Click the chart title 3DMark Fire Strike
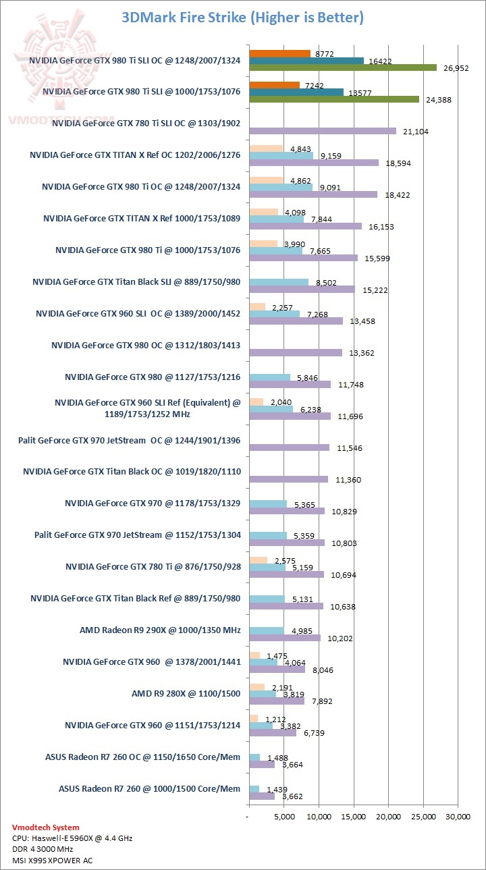pyautogui.click(x=242, y=18)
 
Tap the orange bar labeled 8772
pyautogui.click(x=279, y=53)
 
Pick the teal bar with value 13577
pyautogui.click(x=296, y=92)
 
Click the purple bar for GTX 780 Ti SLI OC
pyautogui.click(x=323, y=131)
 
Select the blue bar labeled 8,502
pyautogui.click(x=279, y=282)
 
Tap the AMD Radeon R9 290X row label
pyautogui.click(x=160, y=630)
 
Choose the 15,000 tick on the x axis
pyautogui.click(x=353, y=817)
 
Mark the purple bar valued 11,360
pyautogui.click(x=288, y=479)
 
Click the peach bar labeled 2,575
pyautogui.click(x=258, y=560)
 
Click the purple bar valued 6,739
pyautogui.click(x=273, y=733)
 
